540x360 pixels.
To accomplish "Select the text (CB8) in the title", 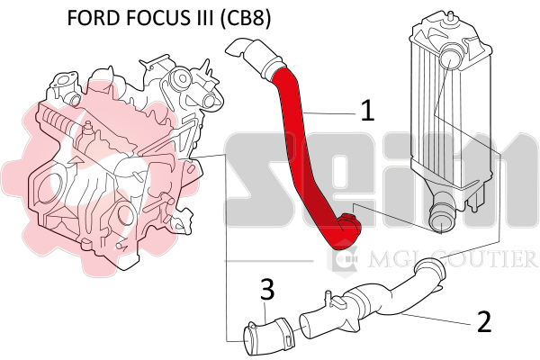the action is tap(245, 18).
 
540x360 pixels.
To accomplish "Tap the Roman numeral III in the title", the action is tap(202, 18).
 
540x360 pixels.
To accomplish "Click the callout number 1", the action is tap(367, 110).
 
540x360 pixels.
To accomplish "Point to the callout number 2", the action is tap(484, 321).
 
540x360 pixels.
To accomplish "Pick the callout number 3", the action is tap(267, 289).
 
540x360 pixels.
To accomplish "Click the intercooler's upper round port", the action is tap(450, 58).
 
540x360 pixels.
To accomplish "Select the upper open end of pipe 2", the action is tap(429, 269).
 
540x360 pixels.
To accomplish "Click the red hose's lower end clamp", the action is tap(350, 226).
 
